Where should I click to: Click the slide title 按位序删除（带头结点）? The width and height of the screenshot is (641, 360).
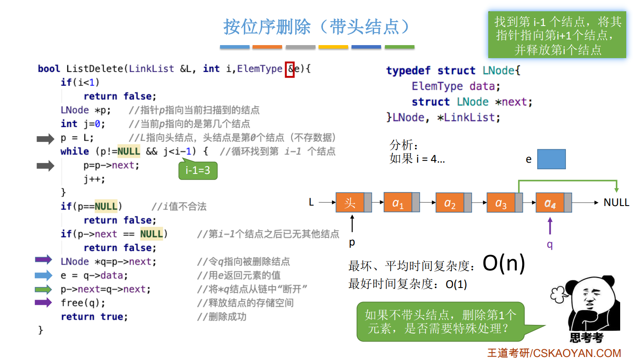coord(316,27)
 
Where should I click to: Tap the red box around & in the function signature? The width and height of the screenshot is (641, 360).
coord(289,69)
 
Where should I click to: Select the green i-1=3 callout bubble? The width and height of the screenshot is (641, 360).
coord(198,170)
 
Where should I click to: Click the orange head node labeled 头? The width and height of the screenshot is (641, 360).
coord(350,203)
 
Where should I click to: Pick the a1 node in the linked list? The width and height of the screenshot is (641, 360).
coord(398,203)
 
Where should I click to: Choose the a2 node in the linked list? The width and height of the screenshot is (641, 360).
coord(450,203)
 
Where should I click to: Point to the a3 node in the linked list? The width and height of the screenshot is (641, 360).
coord(501,203)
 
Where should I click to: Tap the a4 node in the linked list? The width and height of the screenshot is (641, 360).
coord(550,203)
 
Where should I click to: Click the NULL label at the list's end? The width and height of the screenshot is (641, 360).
coord(616,203)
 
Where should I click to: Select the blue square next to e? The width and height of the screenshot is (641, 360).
coord(551,159)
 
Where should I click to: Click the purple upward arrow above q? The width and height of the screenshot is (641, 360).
coord(550,226)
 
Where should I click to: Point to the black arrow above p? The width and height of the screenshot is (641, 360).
coord(352,223)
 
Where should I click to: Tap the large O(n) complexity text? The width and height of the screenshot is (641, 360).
coord(503,263)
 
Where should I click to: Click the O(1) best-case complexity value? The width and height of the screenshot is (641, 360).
coord(456,285)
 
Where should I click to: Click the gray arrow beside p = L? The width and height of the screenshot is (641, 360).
coord(45,139)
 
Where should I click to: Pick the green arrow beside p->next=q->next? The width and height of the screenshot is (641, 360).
coord(43,289)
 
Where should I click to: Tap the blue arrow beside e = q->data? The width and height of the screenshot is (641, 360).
coord(43,275)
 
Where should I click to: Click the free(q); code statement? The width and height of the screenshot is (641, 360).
coord(83,303)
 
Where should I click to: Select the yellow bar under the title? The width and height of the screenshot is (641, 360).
coord(333,47)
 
